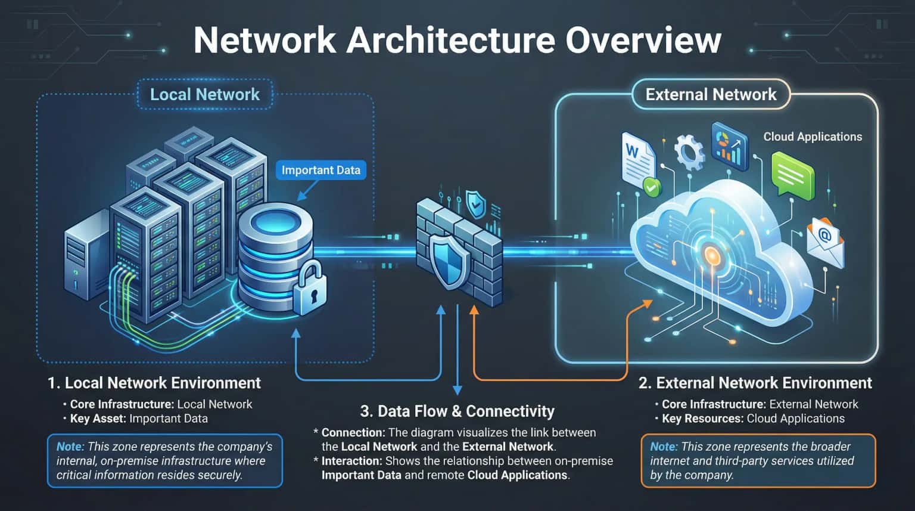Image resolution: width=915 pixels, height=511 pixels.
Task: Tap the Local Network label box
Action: (x=204, y=95)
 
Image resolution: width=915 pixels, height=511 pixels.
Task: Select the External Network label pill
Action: (x=711, y=95)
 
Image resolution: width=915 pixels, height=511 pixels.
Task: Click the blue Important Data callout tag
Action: (x=320, y=170)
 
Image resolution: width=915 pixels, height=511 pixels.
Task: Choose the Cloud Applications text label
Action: (x=813, y=137)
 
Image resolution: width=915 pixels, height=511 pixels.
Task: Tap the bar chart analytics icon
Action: (x=729, y=143)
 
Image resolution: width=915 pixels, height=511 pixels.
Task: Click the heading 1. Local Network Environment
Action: (x=154, y=383)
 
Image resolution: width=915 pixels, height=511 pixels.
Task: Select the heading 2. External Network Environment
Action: (x=755, y=383)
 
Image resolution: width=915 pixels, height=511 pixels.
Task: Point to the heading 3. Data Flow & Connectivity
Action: (x=457, y=411)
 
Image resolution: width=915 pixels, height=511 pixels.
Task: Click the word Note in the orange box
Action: (x=663, y=447)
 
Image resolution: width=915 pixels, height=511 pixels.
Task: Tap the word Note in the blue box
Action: (x=69, y=447)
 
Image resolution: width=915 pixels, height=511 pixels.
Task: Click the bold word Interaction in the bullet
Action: (x=351, y=461)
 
